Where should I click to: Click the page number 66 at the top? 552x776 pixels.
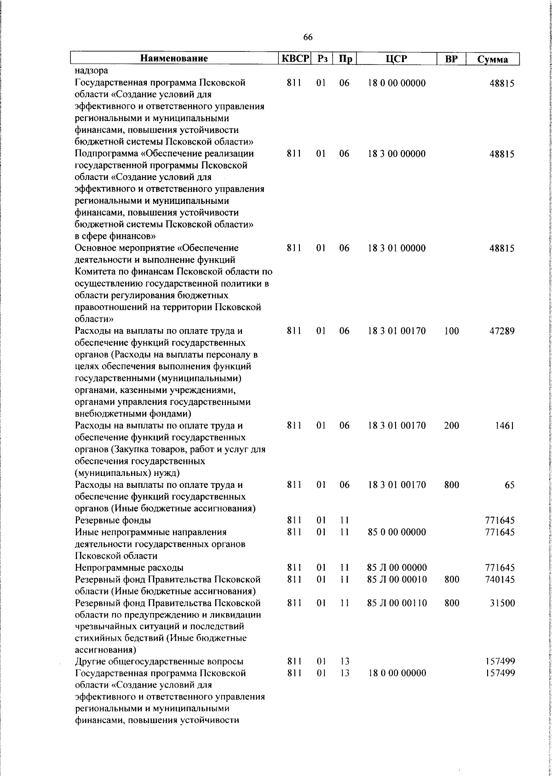[308, 37]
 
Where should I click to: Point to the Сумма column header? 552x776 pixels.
[493, 59]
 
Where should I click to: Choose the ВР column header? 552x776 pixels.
[451, 58]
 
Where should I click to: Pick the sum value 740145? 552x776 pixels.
[500, 579]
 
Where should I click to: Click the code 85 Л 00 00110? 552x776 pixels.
[397, 603]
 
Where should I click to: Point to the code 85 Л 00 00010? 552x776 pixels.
[397, 579]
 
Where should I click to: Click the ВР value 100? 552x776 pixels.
[451, 331]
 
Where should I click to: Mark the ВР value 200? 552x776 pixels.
[451, 425]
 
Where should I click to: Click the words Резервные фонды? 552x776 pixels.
[113, 521]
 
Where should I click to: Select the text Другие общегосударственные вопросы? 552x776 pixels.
[159, 662]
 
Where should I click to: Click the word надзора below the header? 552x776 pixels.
[92, 71]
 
